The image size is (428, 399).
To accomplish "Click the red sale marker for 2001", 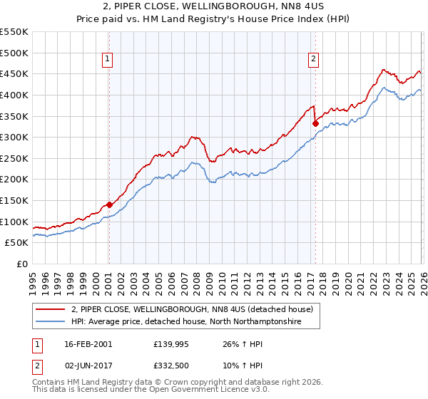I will [x=109, y=204].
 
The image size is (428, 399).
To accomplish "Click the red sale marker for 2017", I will [x=315, y=123].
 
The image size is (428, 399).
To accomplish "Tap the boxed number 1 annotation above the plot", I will [x=108, y=60].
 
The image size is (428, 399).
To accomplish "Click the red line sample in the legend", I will [x=50, y=310].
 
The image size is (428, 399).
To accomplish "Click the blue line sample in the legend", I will [x=50, y=322].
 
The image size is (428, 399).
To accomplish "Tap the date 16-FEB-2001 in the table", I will [x=88, y=343].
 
